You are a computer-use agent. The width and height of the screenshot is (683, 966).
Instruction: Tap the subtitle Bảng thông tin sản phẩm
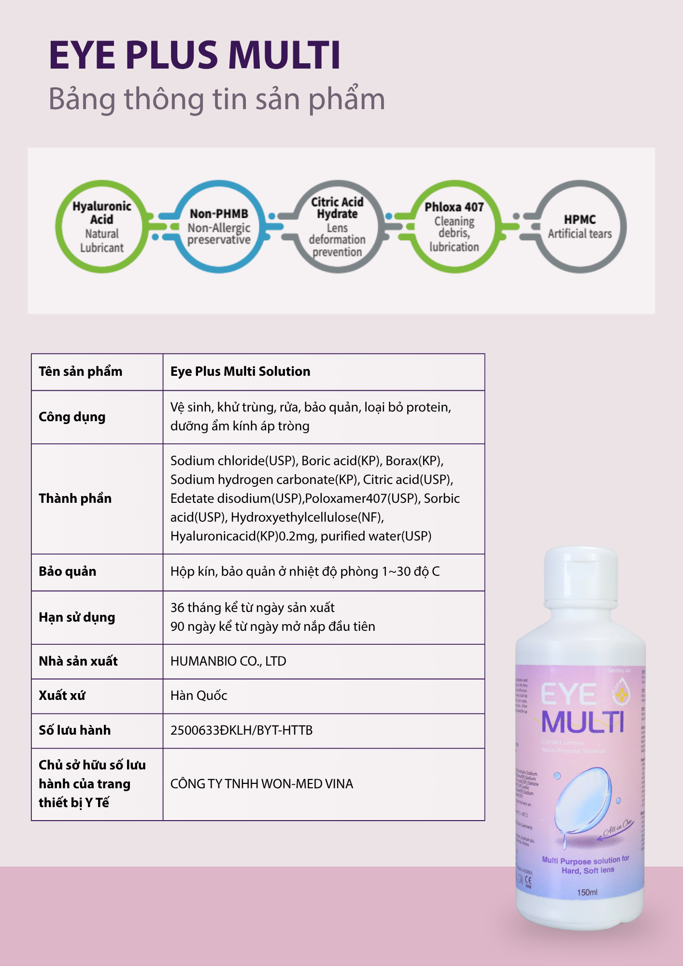216,99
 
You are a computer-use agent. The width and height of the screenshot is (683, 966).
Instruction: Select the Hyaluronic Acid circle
101,227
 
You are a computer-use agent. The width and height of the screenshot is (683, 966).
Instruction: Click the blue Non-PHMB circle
219,227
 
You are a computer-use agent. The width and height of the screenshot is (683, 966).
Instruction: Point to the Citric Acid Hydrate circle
337,227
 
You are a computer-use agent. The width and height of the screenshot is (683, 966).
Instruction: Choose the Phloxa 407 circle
454,227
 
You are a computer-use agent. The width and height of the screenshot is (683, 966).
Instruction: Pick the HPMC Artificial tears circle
580,227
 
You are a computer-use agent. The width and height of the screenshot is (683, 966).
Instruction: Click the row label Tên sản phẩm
81,371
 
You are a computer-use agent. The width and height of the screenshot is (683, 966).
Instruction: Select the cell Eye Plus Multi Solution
240,371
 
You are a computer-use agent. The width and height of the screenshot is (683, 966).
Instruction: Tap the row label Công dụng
72,417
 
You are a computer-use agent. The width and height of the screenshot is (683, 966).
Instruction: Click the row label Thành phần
75,498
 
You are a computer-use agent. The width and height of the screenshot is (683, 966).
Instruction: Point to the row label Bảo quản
68,571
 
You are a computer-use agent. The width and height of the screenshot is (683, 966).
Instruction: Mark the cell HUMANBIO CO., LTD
228,661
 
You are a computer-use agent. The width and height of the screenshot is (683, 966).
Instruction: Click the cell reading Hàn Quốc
199,696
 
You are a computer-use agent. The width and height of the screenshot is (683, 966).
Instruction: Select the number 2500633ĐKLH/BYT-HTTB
242,730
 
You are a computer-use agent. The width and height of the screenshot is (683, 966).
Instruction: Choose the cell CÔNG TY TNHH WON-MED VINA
261,783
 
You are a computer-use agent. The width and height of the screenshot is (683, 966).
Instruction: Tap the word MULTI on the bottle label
582,723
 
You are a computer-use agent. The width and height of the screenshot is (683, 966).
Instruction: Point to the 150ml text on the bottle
587,892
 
